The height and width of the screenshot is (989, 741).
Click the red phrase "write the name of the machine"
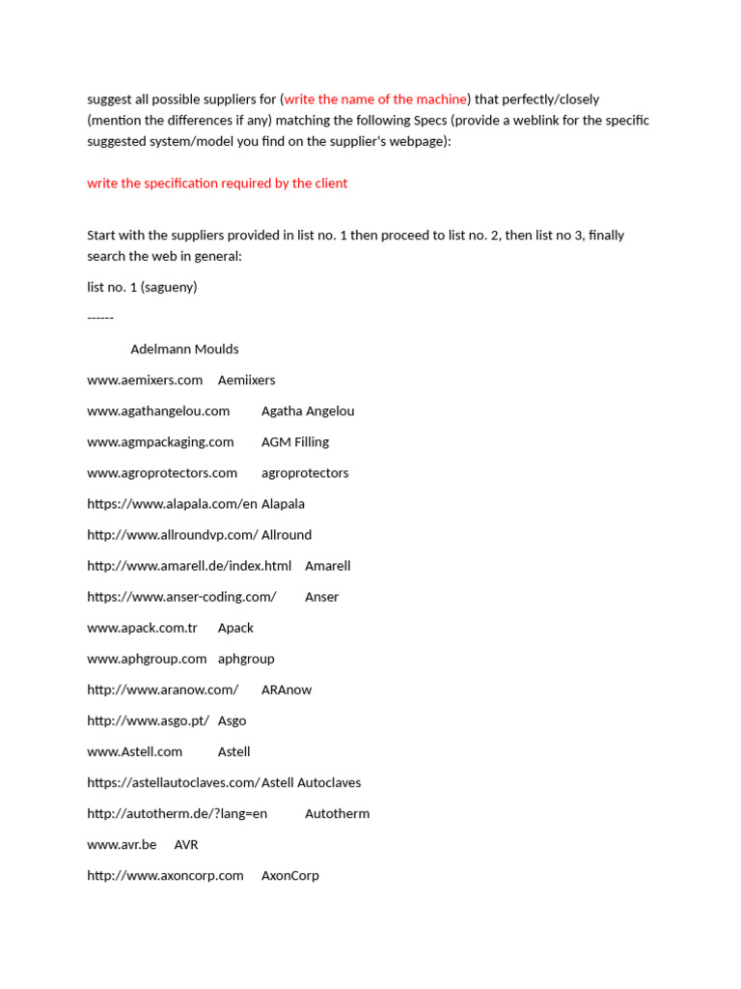[x=375, y=99]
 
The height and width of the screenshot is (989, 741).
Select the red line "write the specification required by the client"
[x=217, y=183]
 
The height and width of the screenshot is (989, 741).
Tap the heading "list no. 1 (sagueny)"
[x=142, y=287]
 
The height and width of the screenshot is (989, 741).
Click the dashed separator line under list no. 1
[x=100, y=318]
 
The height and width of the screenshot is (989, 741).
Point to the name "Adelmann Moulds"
[x=184, y=349]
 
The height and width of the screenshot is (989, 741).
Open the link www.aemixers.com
[x=145, y=380]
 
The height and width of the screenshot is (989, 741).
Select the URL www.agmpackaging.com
[x=160, y=441]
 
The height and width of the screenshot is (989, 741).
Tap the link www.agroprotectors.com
[x=162, y=472]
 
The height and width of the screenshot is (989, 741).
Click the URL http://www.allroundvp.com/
[x=172, y=534]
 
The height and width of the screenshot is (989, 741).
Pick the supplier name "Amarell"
[x=328, y=565]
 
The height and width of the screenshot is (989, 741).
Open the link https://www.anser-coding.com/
[x=181, y=596]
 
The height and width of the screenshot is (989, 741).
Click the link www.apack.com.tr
[x=142, y=628]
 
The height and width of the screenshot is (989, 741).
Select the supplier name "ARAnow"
[x=287, y=690]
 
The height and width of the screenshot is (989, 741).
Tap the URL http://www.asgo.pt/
[x=148, y=721]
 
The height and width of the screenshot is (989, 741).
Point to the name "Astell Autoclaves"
[x=312, y=782]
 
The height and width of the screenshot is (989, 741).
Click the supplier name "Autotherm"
[x=338, y=813]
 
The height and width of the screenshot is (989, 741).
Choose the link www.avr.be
[x=122, y=844]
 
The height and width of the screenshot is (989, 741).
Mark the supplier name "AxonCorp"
[x=290, y=875]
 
